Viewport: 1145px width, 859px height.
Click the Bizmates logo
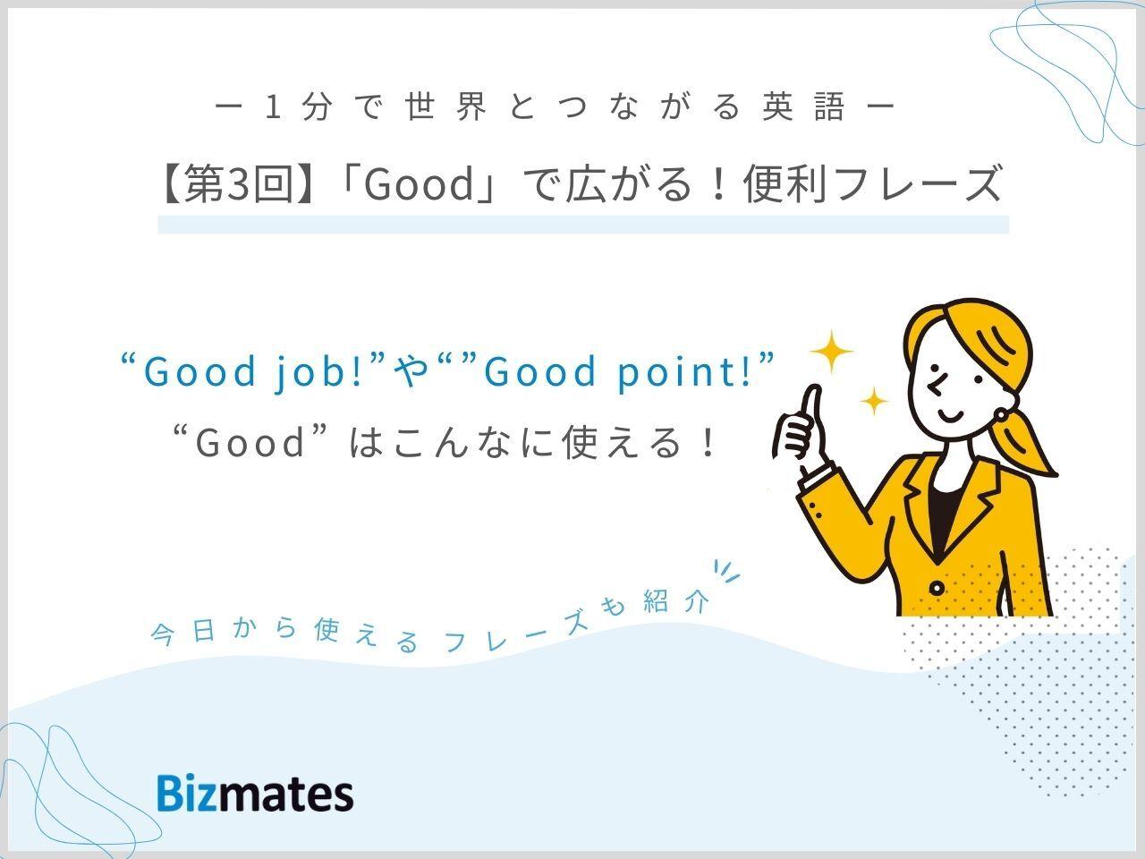[x=255, y=794]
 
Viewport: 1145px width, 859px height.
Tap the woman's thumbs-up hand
[x=797, y=429]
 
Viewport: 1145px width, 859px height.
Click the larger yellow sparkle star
[x=832, y=352]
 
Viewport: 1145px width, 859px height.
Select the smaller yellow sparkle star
[x=874, y=401]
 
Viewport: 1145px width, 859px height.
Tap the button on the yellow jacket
[x=937, y=589]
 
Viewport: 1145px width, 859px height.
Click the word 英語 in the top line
[x=803, y=107]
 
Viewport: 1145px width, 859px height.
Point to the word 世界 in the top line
[x=446, y=107]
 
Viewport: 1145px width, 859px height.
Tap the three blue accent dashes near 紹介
[x=726, y=571]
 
